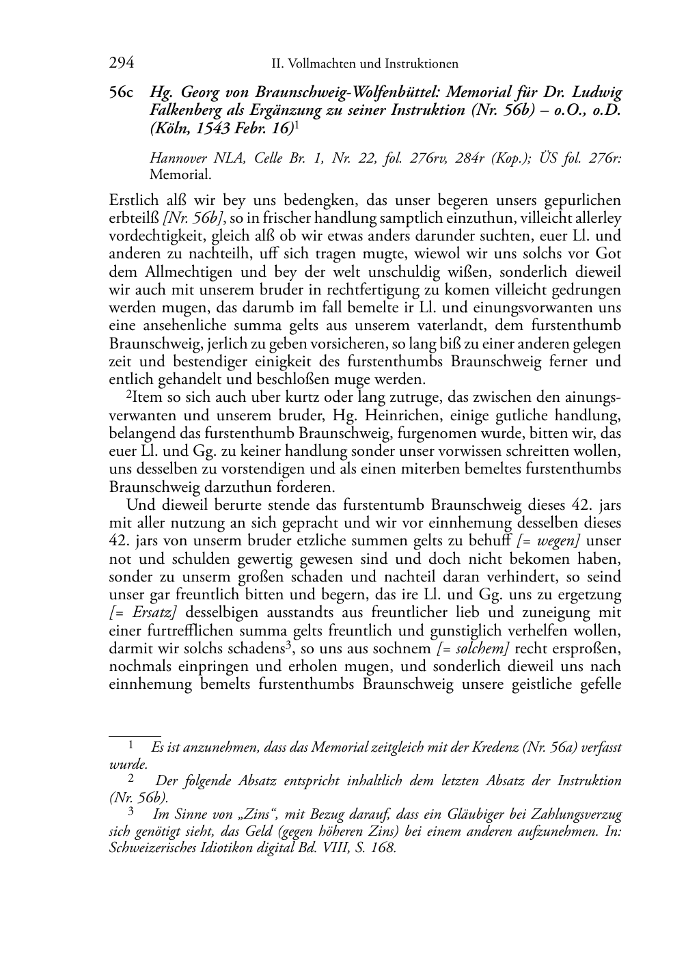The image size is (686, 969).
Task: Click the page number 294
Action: [x=122, y=64]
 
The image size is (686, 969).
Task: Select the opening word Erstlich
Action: [x=131, y=201]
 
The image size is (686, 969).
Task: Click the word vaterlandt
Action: [x=439, y=326]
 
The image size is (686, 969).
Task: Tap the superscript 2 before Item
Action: [x=128, y=395]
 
